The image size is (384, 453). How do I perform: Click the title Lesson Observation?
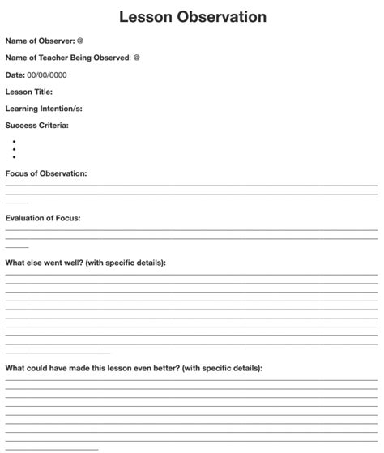point(192,16)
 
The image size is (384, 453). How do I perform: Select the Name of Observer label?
point(40,41)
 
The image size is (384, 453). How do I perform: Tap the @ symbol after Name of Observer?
point(80,41)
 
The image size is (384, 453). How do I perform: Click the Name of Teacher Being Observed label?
point(67,58)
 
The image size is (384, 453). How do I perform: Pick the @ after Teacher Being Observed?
point(137,58)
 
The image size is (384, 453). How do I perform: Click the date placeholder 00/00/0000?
point(47,75)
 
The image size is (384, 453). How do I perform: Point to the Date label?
point(15,75)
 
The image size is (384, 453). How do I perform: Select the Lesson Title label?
point(29,92)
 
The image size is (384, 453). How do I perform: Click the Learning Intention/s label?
point(44,109)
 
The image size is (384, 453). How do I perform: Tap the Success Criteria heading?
point(36,126)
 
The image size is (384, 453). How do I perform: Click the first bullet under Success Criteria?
point(15,141)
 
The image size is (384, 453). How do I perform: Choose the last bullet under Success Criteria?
point(15,157)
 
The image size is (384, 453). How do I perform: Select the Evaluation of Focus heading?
point(43,218)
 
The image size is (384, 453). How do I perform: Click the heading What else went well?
point(85,263)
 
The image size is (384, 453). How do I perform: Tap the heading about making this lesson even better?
point(134,368)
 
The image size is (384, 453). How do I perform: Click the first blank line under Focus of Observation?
point(191,186)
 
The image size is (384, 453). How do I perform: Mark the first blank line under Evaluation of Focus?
point(191,230)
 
